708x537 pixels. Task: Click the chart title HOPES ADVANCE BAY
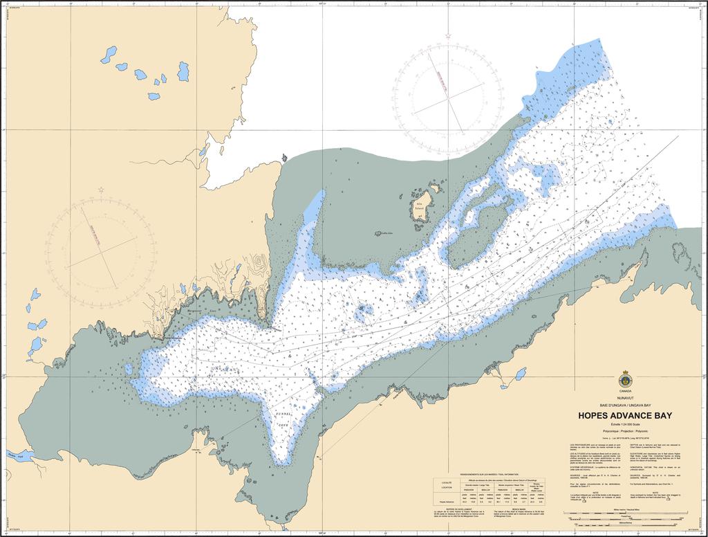tap(625, 415)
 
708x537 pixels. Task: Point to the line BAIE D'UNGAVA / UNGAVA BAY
tap(625, 405)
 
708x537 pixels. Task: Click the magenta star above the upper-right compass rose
tap(449, 35)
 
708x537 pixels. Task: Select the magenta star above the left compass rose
tap(101, 190)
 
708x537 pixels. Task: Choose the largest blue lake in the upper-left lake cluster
tap(183, 71)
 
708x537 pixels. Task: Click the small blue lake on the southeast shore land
tap(519, 374)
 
